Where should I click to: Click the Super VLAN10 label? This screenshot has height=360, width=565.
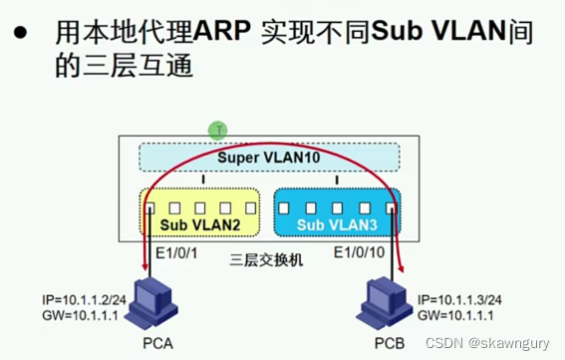pos(268,158)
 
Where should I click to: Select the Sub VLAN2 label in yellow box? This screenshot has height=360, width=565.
pos(200,225)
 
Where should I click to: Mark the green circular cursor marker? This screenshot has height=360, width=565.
pos(218,130)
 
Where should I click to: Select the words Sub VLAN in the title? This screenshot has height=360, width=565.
pos(433,33)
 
